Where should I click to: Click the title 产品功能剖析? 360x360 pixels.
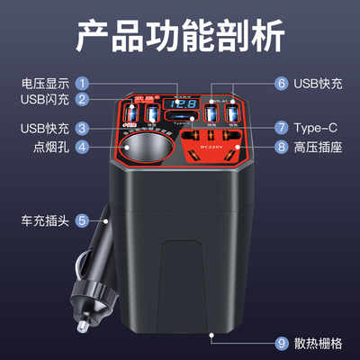point(180,38)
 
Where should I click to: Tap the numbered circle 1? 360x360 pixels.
point(82,84)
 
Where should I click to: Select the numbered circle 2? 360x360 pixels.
point(82,100)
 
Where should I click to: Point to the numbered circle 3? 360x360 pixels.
point(82,128)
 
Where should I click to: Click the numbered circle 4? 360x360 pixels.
point(82,146)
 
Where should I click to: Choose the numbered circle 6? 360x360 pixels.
point(282,84)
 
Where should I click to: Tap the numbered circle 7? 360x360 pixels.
point(282,127)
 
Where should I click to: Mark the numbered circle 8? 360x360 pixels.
point(282,146)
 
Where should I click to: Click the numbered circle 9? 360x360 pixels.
point(282,344)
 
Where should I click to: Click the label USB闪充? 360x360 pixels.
point(45,100)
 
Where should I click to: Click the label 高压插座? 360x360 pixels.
point(320,146)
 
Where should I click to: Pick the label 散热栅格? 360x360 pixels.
point(320,344)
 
